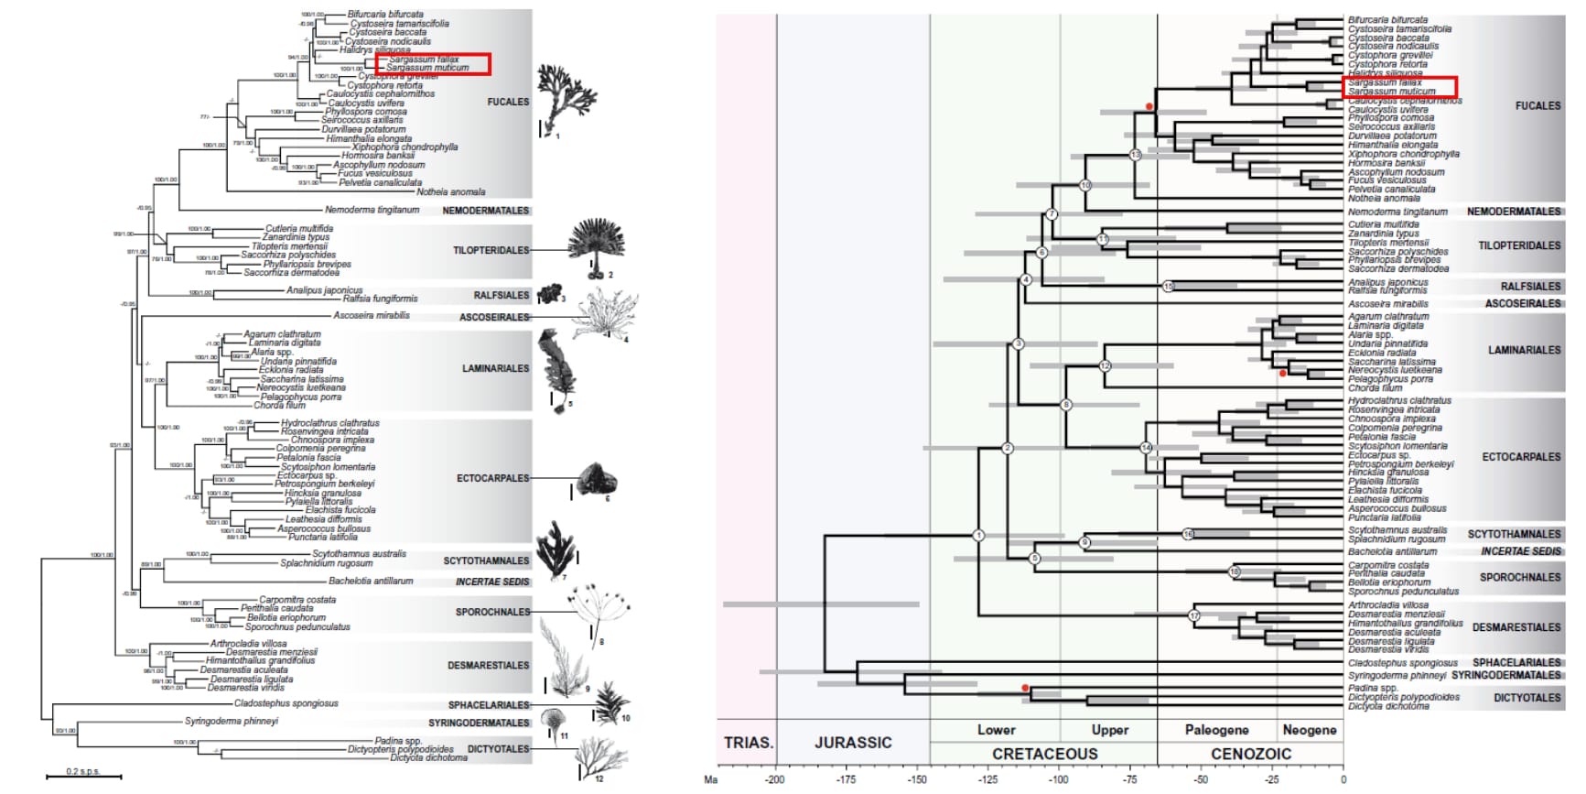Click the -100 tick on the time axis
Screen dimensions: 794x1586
click(1059, 780)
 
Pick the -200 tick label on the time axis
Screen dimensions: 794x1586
click(775, 780)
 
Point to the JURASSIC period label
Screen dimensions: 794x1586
click(853, 743)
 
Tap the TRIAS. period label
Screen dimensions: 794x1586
click(748, 743)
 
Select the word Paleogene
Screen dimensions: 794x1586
click(1216, 730)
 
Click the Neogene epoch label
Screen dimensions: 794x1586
click(1309, 730)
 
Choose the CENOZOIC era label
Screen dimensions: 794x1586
click(1251, 754)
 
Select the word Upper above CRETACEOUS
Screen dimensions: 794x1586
click(1109, 730)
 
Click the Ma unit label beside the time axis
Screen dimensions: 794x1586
click(711, 780)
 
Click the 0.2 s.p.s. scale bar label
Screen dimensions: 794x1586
click(83, 772)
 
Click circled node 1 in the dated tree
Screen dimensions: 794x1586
click(978, 535)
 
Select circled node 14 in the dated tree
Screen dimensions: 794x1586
click(1146, 448)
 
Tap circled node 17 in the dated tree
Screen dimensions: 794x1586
click(1193, 615)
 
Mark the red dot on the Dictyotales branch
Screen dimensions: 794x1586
click(1025, 688)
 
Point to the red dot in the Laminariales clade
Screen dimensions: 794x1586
click(1282, 374)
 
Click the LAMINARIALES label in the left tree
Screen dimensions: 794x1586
click(495, 368)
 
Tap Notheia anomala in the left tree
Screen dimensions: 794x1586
click(450, 192)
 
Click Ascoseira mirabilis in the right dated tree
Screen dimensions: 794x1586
click(1387, 304)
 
